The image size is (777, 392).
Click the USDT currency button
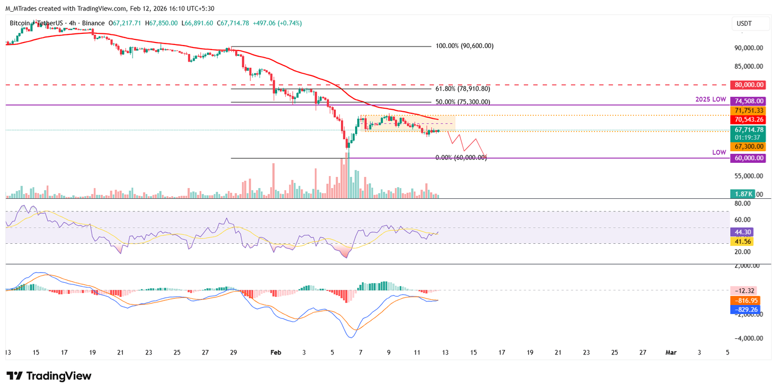tap(744, 24)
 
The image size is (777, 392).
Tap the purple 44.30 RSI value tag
tap(742, 232)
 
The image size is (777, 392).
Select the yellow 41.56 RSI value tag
tap(742, 242)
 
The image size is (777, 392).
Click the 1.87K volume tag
tap(742, 194)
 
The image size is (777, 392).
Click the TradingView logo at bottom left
tap(49, 376)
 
